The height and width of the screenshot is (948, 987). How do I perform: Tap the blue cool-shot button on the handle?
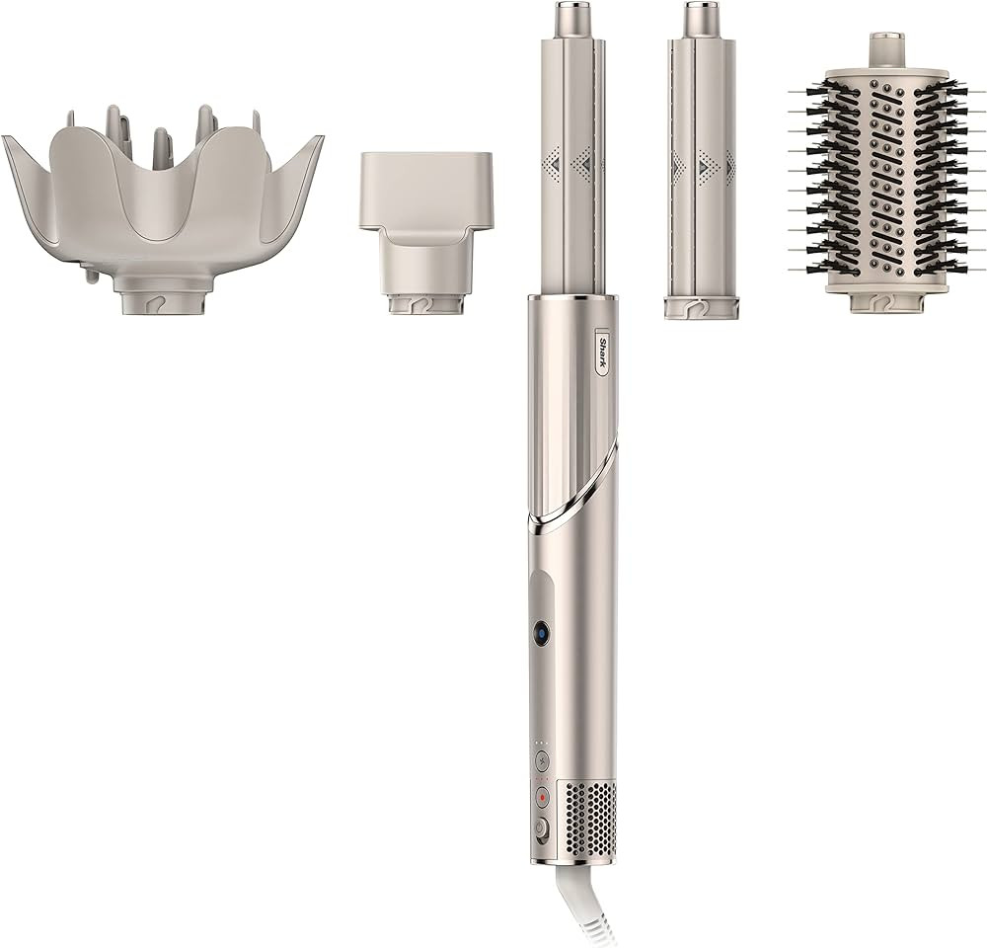tap(541, 633)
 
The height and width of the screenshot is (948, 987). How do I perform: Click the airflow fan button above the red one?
tap(541, 761)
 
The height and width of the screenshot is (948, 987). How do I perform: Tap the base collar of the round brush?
tap(886, 300)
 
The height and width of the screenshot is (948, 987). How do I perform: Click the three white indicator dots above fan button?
tap(541, 742)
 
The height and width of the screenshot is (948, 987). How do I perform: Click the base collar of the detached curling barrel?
tap(700, 307)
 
